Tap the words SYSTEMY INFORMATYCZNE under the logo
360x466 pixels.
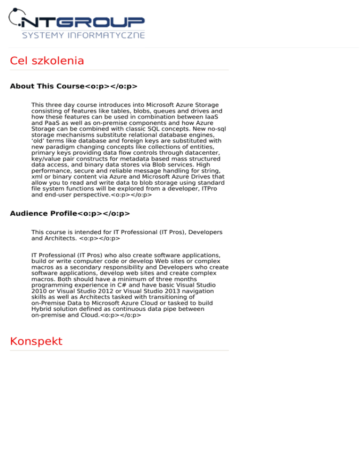click(83, 35)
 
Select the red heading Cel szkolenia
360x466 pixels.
click(47, 61)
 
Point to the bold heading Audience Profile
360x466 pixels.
click(43, 213)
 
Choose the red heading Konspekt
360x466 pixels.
click(36, 341)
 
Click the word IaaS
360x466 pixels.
click(213, 116)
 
